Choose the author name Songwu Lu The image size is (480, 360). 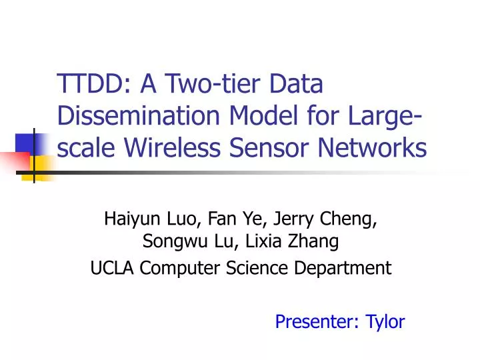pos(182,242)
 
